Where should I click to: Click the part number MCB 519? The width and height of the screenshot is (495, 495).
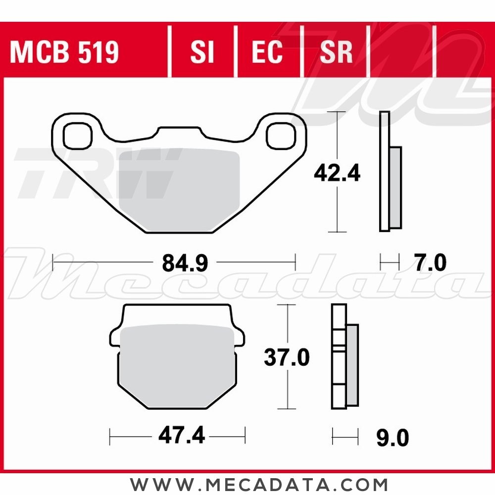coord(64,52)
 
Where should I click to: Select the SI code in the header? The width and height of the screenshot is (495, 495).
coord(202,52)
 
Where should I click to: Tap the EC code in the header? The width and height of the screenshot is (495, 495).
coord(267,52)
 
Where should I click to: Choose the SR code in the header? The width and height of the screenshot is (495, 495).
coord(336,52)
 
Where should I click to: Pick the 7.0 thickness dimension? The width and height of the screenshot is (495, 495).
coord(430,262)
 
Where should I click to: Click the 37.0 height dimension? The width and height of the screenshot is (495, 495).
coord(287,357)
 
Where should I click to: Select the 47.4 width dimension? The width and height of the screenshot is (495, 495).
coord(181,437)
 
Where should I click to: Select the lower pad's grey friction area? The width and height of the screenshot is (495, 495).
coord(177,366)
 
